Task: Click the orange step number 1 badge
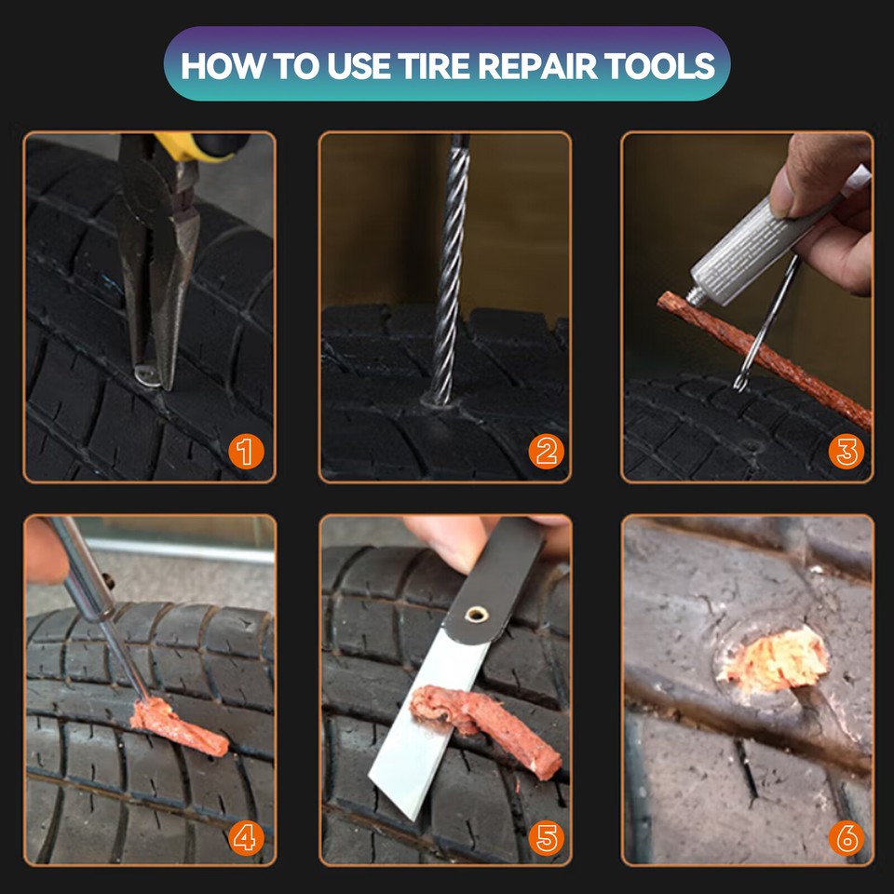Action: pos(246,453)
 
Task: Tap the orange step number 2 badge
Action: pos(547,453)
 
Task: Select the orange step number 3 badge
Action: pos(847,453)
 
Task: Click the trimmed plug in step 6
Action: pos(773,659)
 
